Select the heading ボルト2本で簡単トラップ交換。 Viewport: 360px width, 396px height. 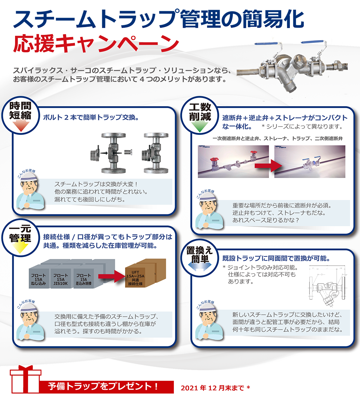[91, 118]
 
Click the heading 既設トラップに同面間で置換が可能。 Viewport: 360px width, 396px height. [276, 258]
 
